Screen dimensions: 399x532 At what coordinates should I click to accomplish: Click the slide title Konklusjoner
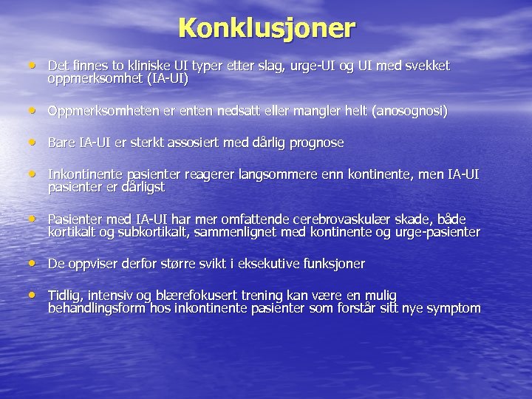[267, 28]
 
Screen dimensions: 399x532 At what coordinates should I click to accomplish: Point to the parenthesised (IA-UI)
[166, 78]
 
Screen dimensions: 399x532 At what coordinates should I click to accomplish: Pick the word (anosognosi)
[410, 111]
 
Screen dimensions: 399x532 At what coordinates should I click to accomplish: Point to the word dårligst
[140, 188]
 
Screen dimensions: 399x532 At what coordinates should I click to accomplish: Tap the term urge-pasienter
[441, 233]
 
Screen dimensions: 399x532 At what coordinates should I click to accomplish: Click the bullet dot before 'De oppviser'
[33, 263]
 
